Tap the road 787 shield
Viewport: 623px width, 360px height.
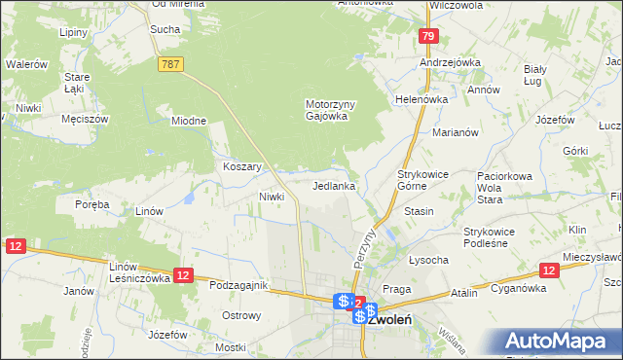170,63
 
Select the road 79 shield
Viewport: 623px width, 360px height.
427,37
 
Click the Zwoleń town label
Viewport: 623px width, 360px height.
389,318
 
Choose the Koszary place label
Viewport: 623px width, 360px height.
243,166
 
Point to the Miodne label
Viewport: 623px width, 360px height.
189,121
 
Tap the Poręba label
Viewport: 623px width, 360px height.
92,204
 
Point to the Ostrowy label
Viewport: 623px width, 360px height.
241,315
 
